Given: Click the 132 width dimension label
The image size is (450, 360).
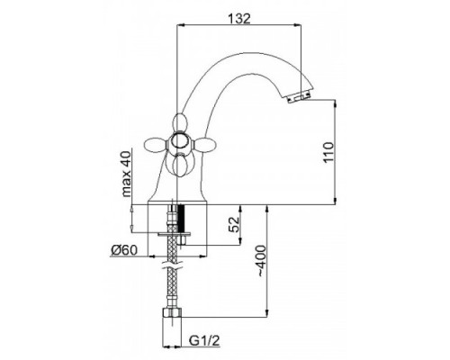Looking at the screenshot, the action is coord(239,19).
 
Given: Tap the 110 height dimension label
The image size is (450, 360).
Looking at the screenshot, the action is coord(328,152).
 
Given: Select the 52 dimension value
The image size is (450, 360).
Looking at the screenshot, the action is coord(235,224).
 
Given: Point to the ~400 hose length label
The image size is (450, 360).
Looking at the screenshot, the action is coord(260,261).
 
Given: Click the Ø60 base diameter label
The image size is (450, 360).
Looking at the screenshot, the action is coord(124,250).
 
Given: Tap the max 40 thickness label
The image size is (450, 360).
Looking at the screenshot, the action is coord(126,174).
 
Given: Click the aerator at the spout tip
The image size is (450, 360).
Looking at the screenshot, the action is coord(299,97).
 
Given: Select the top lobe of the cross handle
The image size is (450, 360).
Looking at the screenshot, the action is coord(179,122).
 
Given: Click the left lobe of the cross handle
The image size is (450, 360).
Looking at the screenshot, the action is coord(157,144).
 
